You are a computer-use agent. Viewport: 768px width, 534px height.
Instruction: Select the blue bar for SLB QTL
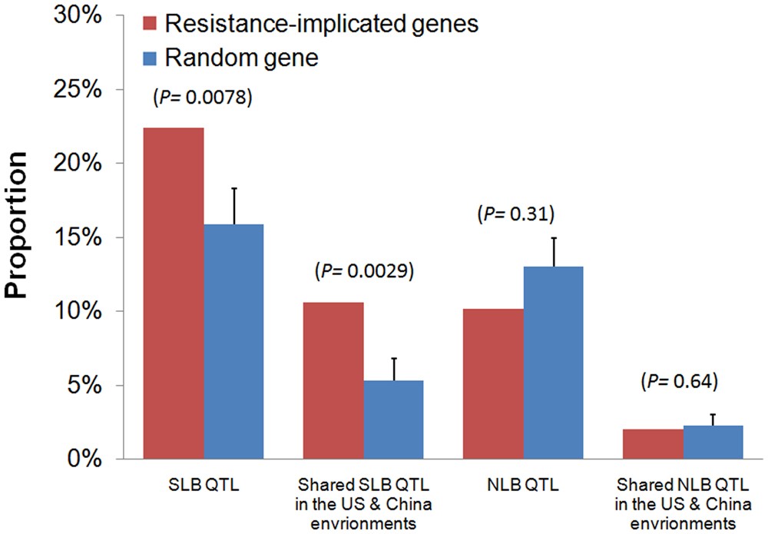(233, 342)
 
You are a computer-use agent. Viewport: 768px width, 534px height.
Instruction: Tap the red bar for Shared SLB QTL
(333, 380)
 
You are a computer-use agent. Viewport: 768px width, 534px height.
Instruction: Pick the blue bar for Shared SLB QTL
(393, 420)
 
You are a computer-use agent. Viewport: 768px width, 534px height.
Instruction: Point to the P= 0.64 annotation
(680, 380)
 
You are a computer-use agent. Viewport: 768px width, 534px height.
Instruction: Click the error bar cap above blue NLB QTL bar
(553, 238)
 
